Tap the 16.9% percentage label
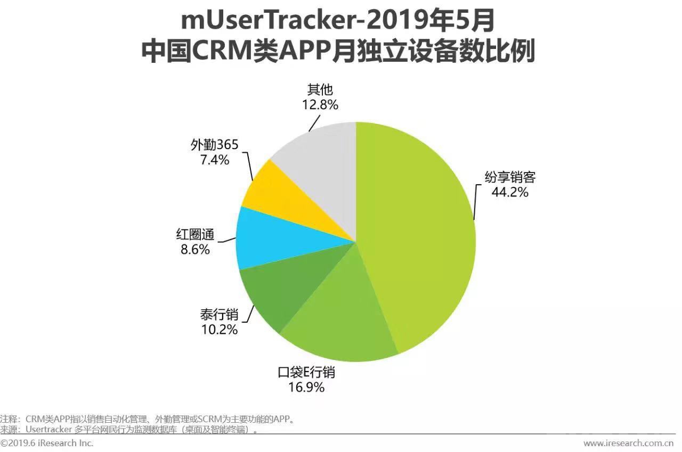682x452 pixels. [x=306, y=387]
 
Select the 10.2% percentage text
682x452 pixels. [x=219, y=330]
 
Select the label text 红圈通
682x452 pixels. [x=193, y=234]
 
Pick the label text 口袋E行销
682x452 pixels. [x=306, y=372]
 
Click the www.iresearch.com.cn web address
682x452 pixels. [x=628, y=443]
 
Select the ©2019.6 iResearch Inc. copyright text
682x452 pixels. [x=47, y=443]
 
